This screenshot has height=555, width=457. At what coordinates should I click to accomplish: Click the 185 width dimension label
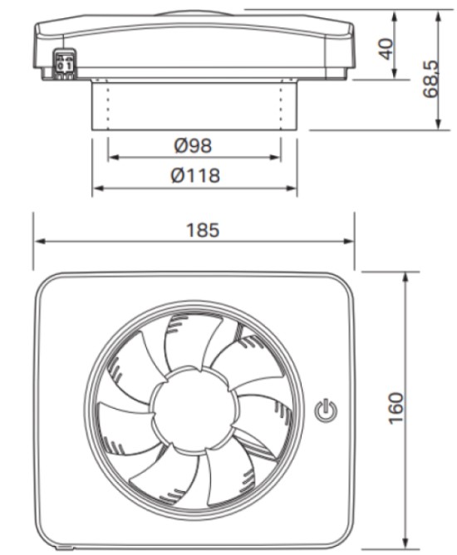203,230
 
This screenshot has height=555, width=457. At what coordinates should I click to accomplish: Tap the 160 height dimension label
396,407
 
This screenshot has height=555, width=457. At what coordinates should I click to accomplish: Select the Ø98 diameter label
193,145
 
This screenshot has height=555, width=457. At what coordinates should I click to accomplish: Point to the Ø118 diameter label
195,175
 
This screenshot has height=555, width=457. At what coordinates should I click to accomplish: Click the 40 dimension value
386,49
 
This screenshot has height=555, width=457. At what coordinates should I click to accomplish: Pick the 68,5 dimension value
430,79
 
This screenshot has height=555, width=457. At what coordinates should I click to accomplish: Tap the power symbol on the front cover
326,411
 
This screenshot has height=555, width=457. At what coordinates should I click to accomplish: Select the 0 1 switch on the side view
64,65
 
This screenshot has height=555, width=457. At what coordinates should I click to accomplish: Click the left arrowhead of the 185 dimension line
40,242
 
